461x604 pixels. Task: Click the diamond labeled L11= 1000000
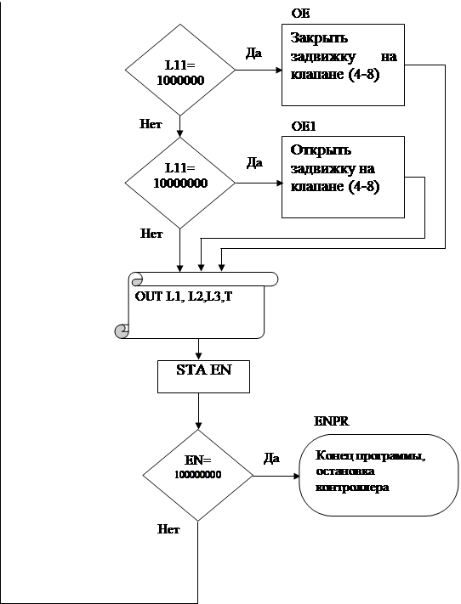180,71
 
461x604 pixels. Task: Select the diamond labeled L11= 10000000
180,183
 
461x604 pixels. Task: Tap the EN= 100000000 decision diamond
198,476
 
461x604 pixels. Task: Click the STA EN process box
203,376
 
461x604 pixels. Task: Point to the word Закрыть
319,38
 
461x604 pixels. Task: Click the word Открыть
321,150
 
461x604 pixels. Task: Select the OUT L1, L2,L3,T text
184,296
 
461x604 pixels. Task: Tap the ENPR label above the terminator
332,421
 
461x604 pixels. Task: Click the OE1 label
304,127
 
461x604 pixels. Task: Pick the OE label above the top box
300,14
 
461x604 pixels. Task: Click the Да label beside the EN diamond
271,458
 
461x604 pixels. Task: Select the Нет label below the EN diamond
168,529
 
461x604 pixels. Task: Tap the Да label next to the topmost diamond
253,54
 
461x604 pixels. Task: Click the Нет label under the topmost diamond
151,124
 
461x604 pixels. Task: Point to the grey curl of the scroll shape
122,331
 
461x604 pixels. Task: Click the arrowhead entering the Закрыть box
279,71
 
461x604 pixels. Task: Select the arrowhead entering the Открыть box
279,183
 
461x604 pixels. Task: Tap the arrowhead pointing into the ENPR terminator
297,476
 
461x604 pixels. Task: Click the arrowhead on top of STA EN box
199,357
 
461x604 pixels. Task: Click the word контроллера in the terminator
352,488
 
